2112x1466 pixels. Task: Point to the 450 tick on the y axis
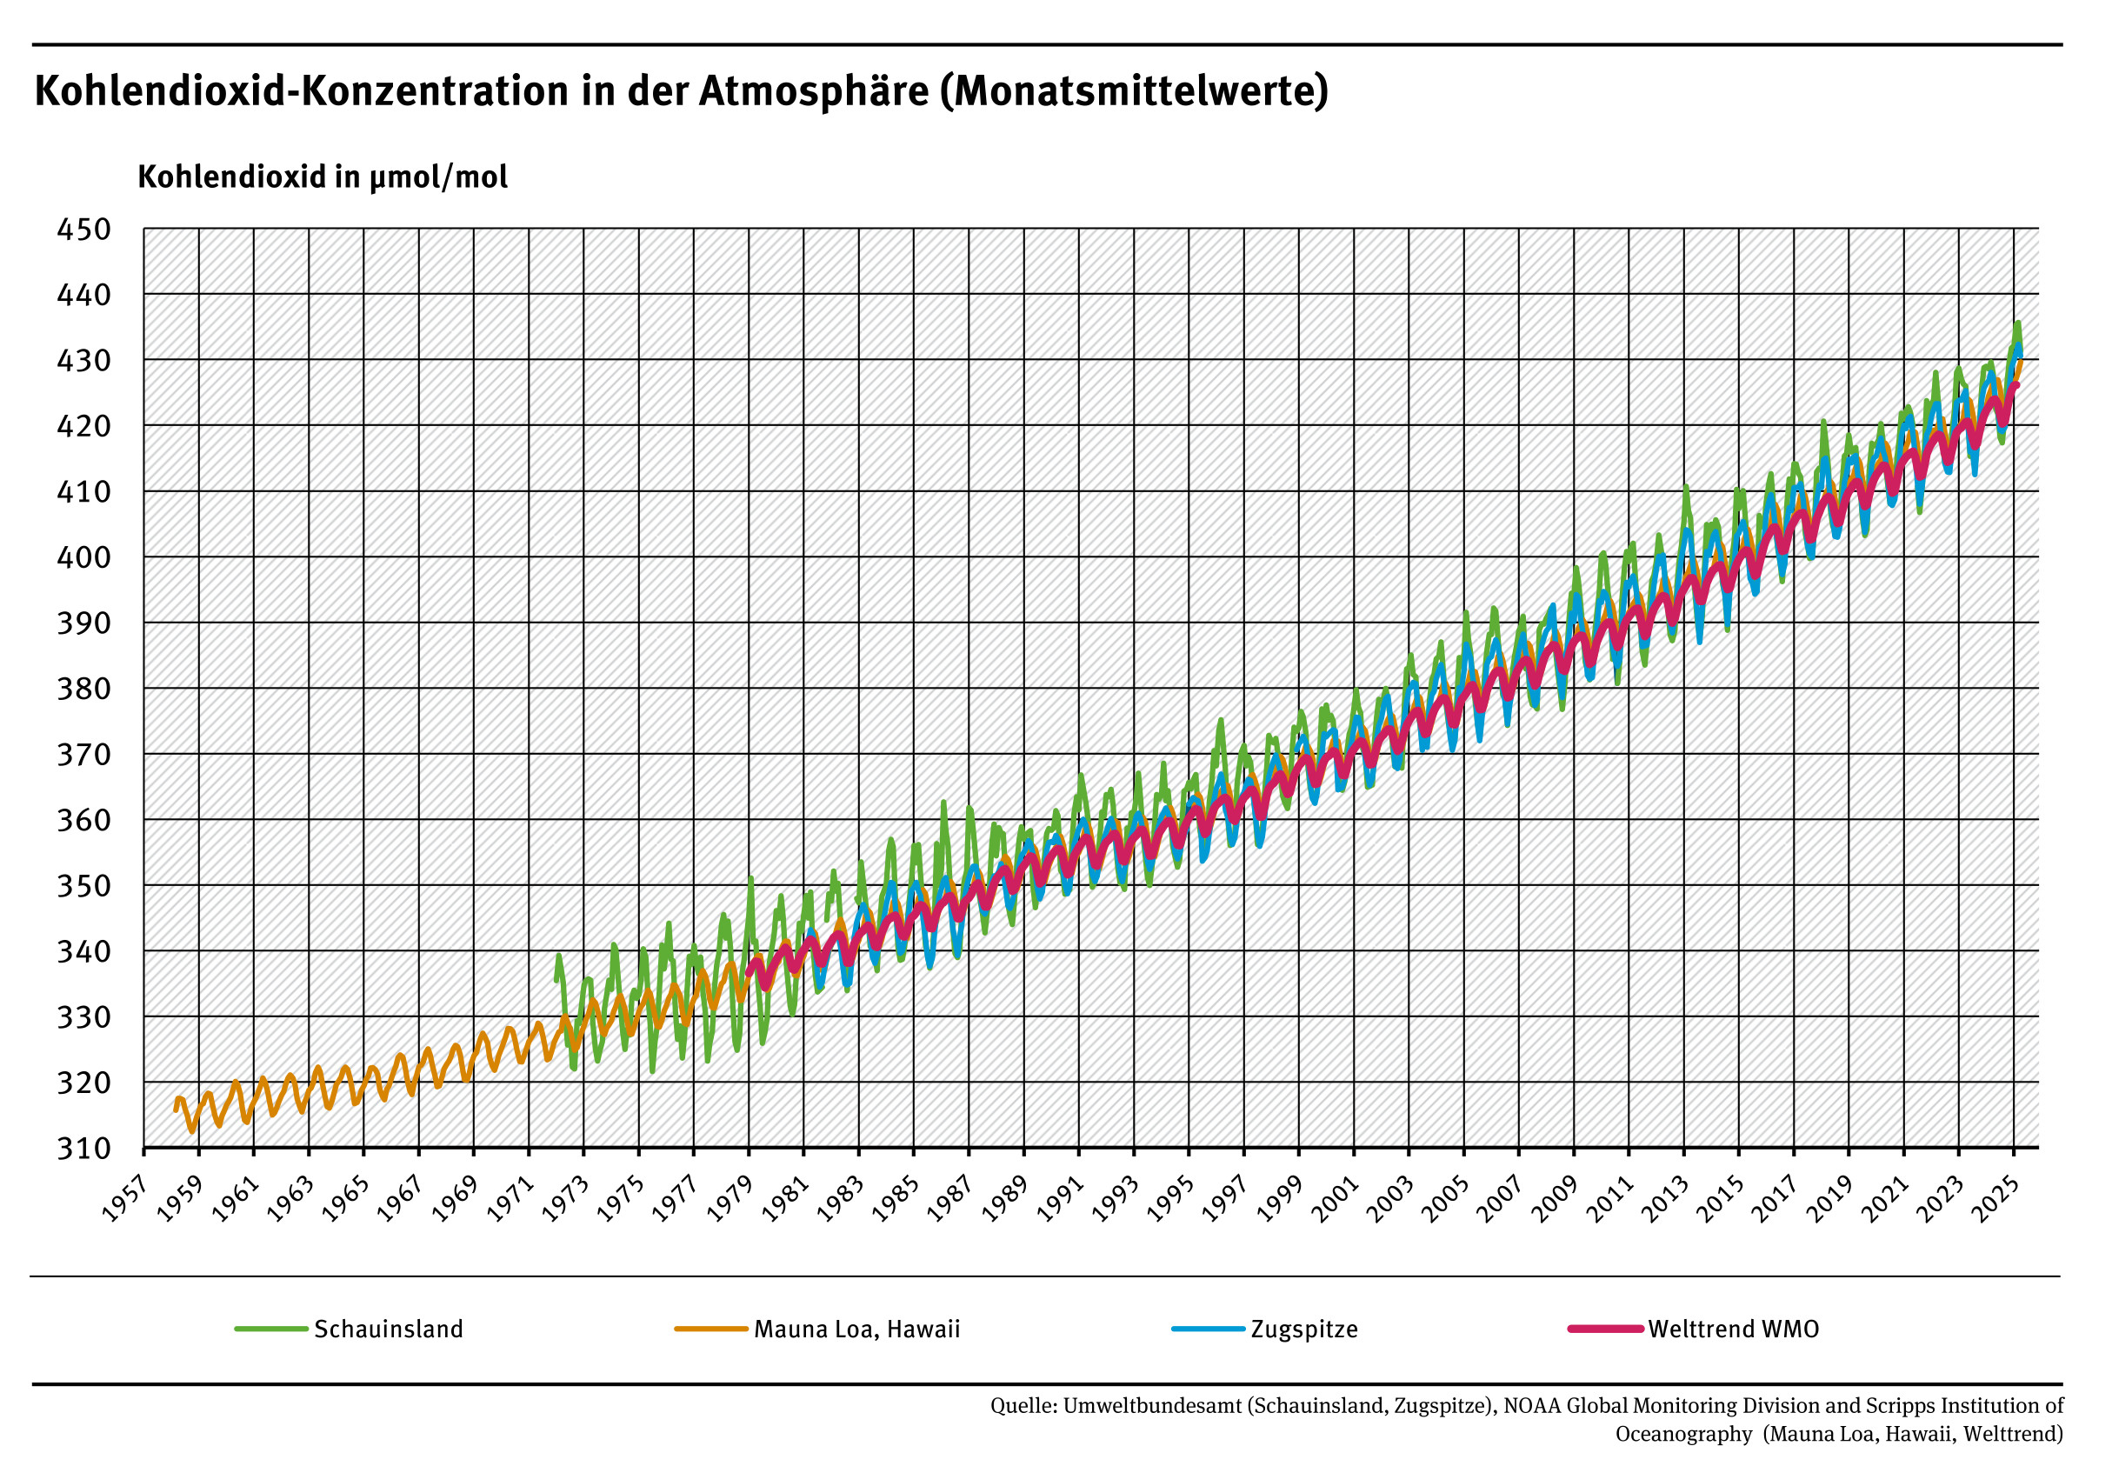(x=83, y=229)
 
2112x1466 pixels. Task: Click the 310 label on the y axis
(x=83, y=1148)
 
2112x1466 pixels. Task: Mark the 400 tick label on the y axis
(x=83, y=556)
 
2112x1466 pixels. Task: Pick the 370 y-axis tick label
(x=83, y=754)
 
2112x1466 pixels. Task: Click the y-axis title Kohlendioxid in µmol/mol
(x=323, y=177)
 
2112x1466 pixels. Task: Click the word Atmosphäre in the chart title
(x=814, y=91)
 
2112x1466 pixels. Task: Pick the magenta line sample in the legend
(x=1604, y=1329)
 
